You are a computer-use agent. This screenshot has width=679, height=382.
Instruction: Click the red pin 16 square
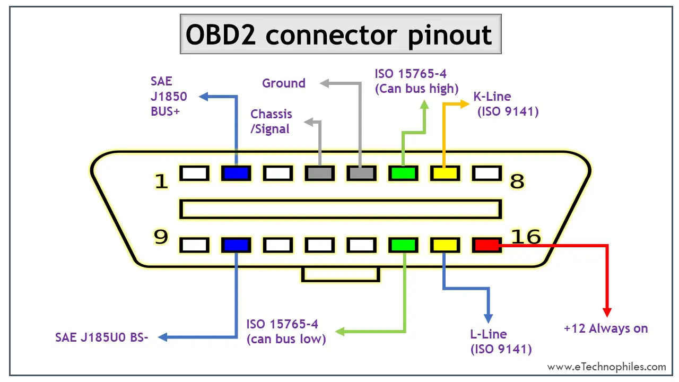pos(487,245)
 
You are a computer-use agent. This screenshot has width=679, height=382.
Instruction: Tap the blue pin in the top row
pos(236,173)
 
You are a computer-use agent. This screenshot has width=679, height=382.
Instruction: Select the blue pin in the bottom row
pos(236,245)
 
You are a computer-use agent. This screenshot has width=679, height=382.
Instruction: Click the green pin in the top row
pos(403,173)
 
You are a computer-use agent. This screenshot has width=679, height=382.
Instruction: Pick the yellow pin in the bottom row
pos(445,245)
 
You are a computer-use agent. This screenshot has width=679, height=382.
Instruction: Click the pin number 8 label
pos(517,181)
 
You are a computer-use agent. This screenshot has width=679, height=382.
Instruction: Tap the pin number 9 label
pos(161,237)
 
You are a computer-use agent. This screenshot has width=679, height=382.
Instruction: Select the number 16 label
pos(526,237)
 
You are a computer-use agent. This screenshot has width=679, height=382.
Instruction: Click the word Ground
pos(284,83)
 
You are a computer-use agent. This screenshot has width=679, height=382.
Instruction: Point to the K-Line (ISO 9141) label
pos(506,104)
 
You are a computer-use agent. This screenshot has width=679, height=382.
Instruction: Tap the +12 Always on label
pos(606,328)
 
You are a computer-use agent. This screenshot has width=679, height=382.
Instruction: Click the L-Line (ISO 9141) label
pos(501,342)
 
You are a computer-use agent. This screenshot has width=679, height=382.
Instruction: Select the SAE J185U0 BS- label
pos(101,337)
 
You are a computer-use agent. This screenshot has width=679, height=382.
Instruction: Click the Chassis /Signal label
pos(271,121)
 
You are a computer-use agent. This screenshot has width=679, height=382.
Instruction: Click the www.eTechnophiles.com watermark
pos(606,367)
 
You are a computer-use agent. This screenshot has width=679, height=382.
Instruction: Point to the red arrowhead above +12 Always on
pos(607,312)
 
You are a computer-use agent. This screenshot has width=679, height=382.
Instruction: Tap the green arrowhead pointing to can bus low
pos(340,332)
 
